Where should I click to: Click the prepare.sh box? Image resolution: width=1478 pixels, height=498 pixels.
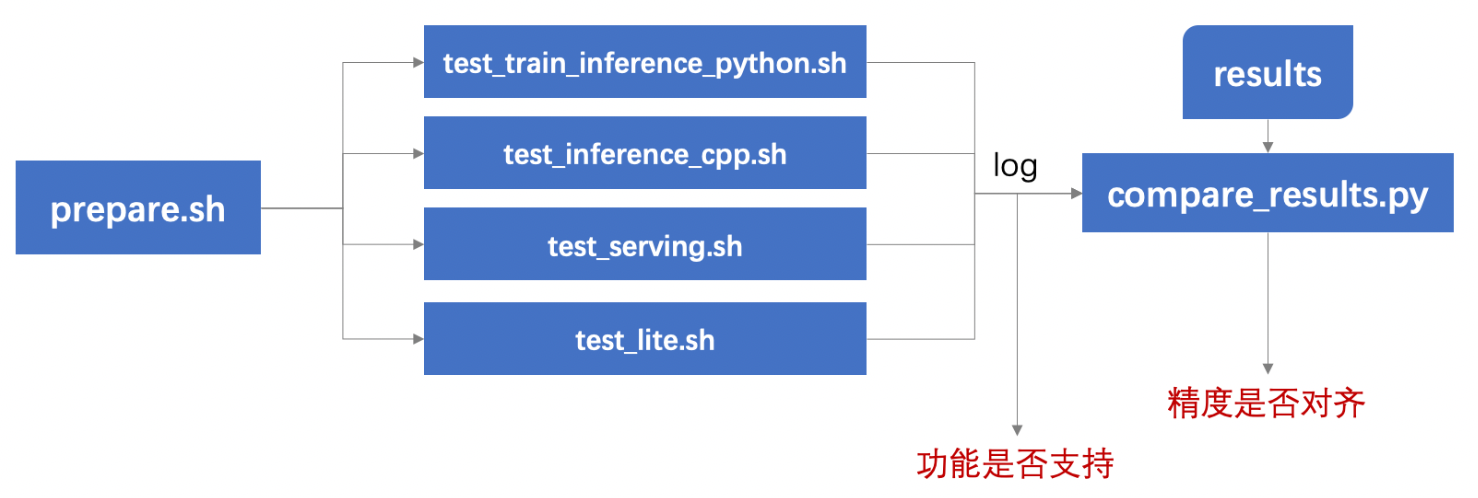click(x=138, y=208)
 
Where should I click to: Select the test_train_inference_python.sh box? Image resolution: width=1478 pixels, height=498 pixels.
click(x=645, y=63)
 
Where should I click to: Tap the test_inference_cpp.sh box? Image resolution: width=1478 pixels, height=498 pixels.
click(x=645, y=154)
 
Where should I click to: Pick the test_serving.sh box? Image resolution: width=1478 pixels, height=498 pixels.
click(x=645, y=245)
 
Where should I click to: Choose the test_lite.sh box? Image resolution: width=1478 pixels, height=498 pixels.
click(x=645, y=339)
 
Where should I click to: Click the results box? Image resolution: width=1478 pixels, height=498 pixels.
click(x=1267, y=74)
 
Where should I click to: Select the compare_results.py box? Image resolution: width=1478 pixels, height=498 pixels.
click(x=1267, y=194)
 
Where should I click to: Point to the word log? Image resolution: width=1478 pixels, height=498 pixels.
click(x=1015, y=167)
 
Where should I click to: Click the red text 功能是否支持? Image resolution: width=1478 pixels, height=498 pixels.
click(x=1015, y=464)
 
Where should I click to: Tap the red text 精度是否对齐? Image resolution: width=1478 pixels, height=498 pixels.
click(x=1267, y=404)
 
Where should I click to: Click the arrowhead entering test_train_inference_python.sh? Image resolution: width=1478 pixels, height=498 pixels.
click(x=418, y=63)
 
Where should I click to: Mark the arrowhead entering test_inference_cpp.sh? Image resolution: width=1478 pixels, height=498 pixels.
click(x=418, y=154)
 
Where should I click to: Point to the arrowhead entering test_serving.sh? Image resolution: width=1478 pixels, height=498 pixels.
click(x=418, y=245)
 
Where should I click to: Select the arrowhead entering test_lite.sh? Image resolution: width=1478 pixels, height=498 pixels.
click(x=418, y=339)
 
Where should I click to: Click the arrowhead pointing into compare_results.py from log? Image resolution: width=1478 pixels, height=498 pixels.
click(x=1075, y=194)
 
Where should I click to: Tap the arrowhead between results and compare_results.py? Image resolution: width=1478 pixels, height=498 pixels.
click(x=1267, y=146)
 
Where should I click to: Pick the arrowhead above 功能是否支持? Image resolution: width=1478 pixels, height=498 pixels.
click(x=1016, y=428)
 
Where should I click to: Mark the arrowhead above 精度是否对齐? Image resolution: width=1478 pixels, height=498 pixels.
click(x=1267, y=368)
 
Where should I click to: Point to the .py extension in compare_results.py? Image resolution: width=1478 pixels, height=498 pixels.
click(x=1408, y=195)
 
